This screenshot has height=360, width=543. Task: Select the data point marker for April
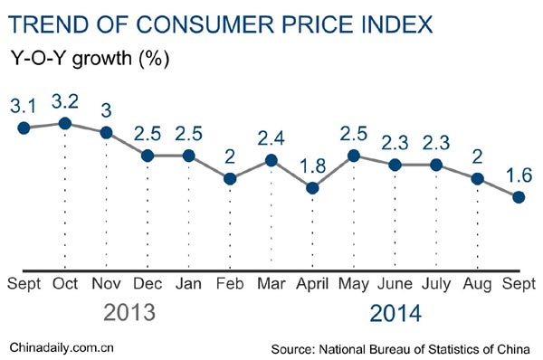click(312, 188)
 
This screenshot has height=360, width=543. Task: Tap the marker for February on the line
click(230, 179)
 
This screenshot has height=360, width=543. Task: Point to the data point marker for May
click(354, 156)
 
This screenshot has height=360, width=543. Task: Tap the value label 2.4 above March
click(271, 138)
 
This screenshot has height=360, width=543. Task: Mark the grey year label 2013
click(129, 313)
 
